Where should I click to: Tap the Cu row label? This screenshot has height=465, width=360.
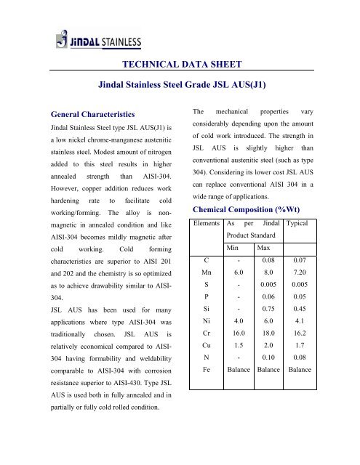pyautogui.click(x=205, y=347)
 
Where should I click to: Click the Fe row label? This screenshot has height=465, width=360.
pyautogui.click(x=205, y=374)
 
